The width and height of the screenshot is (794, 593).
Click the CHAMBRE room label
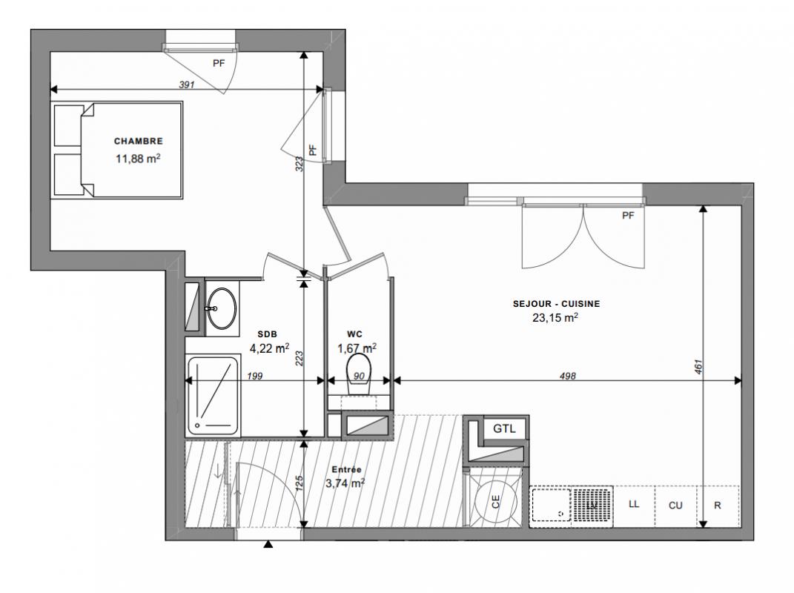click(138, 142)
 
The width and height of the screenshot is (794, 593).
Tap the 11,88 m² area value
click(138, 159)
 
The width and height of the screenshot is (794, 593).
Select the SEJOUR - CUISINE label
click(556, 304)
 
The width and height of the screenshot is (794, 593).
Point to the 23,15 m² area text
click(555, 317)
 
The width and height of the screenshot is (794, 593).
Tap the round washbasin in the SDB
click(222, 308)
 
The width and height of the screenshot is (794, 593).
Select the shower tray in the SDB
click(214, 396)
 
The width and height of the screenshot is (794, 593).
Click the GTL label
click(504, 428)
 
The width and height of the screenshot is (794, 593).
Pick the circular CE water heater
click(496, 502)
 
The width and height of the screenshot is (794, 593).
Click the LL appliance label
click(633, 504)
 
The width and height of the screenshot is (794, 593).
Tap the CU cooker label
click(675, 506)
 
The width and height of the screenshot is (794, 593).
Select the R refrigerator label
click(718, 506)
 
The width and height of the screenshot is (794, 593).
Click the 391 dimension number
click(187, 85)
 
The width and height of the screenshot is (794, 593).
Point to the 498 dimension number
click(568, 376)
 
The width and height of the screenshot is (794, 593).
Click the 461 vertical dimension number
click(698, 367)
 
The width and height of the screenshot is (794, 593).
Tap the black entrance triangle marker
click(268, 544)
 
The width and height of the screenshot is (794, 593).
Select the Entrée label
click(346, 469)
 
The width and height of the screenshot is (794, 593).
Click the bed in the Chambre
click(117, 150)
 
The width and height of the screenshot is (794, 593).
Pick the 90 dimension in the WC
click(359, 377)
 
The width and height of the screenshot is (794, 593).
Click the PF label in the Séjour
click(628, 216)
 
